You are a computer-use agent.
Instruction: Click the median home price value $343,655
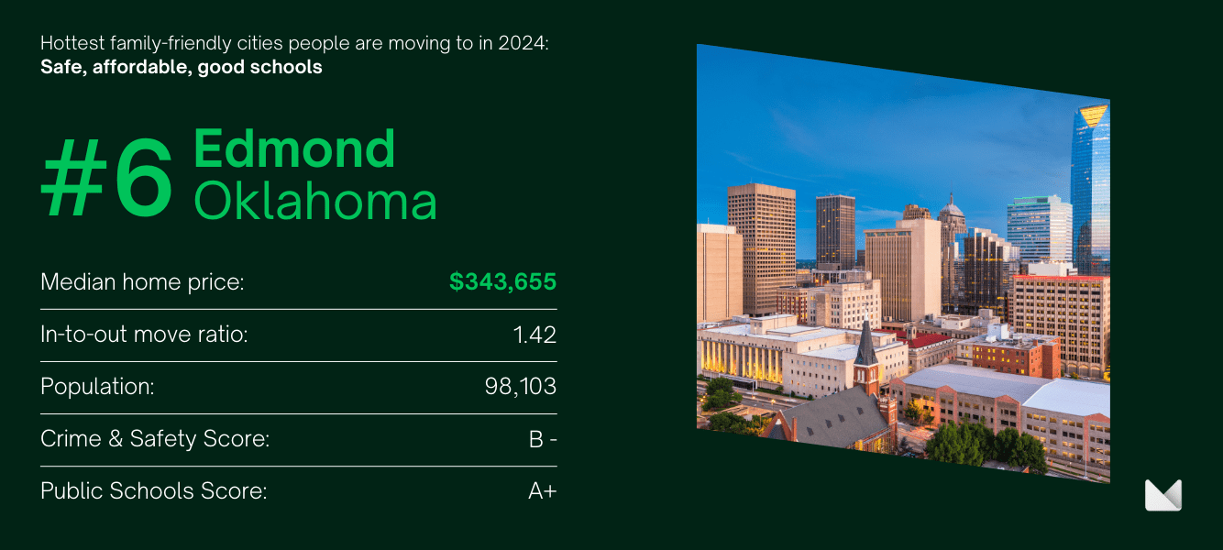point(502,281)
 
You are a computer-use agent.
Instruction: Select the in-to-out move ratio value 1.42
point(534,335)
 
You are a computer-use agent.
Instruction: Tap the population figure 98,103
point(521,387)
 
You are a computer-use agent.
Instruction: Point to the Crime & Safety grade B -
point(543,439)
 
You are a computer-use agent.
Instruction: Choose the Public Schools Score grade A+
point(542,491)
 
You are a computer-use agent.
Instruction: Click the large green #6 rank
point(107,177)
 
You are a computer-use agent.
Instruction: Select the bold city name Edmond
point(294,148)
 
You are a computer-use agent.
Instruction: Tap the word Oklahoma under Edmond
point(315,201)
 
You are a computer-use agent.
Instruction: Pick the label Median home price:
point(142,282)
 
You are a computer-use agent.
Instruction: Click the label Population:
point(97,387)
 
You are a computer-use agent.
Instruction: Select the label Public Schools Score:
point(153,491)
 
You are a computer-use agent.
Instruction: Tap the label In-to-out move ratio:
point(144,335)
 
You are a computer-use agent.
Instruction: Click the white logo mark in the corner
point(1163,495)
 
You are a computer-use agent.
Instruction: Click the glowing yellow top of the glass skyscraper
point(1093,115)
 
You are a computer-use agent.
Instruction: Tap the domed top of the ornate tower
point(951,207)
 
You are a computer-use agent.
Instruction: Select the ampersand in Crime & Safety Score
point(116,439)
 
